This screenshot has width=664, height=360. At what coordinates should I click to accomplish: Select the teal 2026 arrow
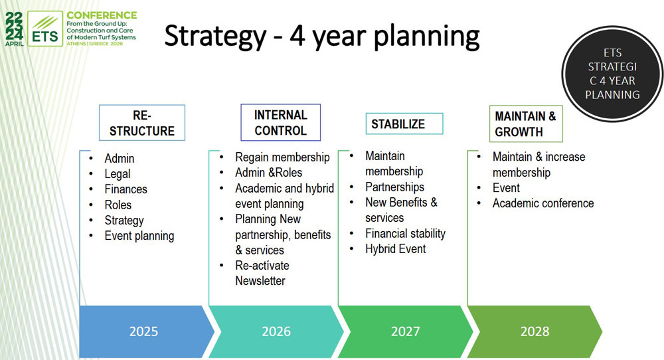click(x=276, y=331)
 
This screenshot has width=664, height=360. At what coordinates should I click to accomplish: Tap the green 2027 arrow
click(x=405, y=331)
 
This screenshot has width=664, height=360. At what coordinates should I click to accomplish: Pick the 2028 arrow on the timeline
click(x=535, y=331)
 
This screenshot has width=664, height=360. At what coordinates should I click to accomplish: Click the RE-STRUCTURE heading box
click(x=142, y=123)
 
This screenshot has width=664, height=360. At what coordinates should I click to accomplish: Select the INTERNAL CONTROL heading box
click(x=280, y=122)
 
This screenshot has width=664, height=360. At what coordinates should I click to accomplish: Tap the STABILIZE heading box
click(x=404, y=124)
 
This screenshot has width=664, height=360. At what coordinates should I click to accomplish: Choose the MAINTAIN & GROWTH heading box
click(x=526, y=124)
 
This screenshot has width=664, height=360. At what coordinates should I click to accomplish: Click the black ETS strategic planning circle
click(x=612, y=74)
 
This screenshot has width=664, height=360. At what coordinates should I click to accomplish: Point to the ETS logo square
click(x=45, y=29)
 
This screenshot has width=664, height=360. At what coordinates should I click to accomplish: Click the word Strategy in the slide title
click(x=215, y=37)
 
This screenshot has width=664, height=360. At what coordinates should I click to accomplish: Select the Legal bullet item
click(x=118, y=174)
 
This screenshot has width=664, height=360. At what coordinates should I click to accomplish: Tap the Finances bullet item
click(x=125, y=189)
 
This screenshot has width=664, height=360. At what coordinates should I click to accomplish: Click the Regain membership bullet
click(x=282, y=157)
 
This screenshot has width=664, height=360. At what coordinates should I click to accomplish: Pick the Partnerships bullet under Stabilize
click(x=394, y=187)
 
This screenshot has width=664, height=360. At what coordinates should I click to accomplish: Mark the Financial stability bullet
click(x=405, y=234)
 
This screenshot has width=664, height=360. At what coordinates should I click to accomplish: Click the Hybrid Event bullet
click(x=396, y=249)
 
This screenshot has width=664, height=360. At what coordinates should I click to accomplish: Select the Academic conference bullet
click(x=543, y=203)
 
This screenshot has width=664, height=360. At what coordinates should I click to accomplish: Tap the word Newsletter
click(x=260, y=281)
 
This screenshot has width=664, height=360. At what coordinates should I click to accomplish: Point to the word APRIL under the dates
click(x=15, y=44)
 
